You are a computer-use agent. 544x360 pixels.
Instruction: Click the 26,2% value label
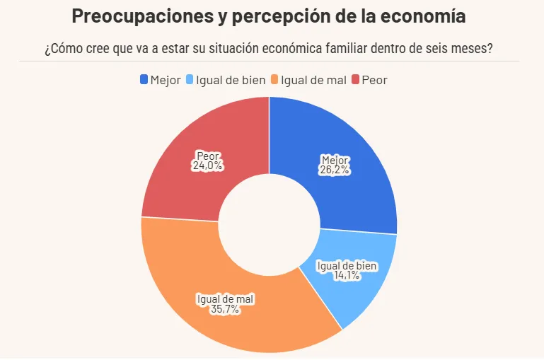click(335, 170)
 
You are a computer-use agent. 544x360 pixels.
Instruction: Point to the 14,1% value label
click(347, 275)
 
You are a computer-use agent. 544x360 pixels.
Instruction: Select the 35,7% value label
click(224, 310)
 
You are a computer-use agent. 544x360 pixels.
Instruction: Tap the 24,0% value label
click(207, 166)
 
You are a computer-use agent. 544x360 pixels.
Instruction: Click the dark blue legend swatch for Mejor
click(144, 80)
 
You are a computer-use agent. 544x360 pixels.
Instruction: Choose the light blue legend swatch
click(190, 80)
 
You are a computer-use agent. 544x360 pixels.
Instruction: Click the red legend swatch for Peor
click(355, 80)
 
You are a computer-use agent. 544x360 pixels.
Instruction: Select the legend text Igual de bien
click(231, 80)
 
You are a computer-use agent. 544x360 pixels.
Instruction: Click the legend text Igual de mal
click(313, 80)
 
